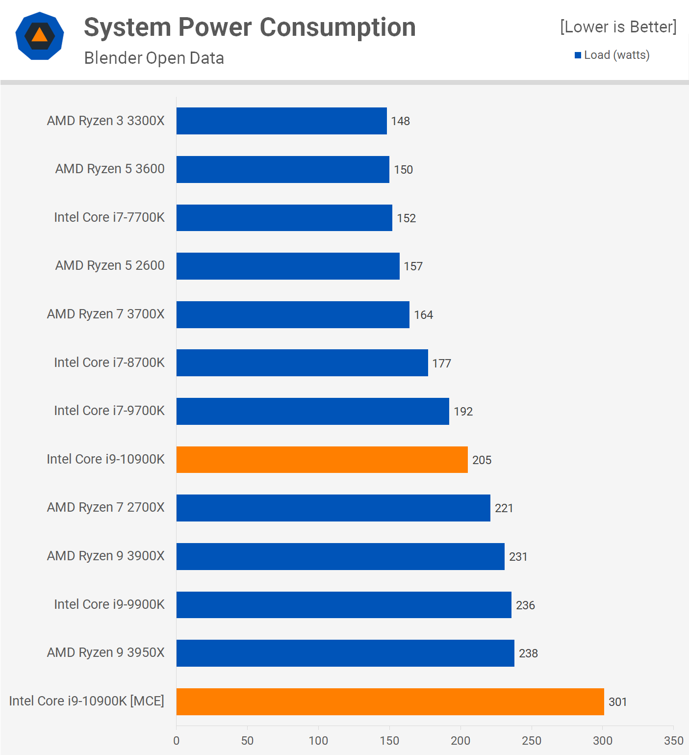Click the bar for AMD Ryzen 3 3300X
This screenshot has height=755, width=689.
click(x=281, y=121)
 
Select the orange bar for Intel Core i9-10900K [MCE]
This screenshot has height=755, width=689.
click(x=390, y=702)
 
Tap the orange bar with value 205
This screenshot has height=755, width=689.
click(x=322, y=460)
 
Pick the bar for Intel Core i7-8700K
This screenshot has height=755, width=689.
click(x=302, y=363)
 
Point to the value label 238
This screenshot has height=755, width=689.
click(x=528, y=653)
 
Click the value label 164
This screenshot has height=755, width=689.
click(x=423, y=315)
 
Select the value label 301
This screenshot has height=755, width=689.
click(x=617, y=702)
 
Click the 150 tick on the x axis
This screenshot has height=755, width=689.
click(x=389, y=741)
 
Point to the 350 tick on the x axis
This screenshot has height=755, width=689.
click(x=673, y=741)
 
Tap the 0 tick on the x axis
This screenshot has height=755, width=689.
click(x=177, y=741)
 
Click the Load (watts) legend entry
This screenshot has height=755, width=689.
click(x=612, y=55)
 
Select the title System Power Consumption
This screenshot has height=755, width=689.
click(x=250, y=27)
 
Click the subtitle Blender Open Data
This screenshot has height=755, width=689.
click(x=154, y=58)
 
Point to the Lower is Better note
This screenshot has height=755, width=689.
click(x=618, y=27)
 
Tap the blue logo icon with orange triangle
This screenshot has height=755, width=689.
click(x=40, y=36)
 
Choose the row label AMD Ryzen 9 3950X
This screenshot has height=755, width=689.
click(x=105, y=652)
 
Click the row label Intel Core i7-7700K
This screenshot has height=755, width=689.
click(x=109, y=217)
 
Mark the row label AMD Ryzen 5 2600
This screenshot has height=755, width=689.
click(x=110, y=265)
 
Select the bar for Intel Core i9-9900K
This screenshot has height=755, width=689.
click(x=344, y=605)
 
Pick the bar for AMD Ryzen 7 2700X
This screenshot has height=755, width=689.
click(x=333, y=508)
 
